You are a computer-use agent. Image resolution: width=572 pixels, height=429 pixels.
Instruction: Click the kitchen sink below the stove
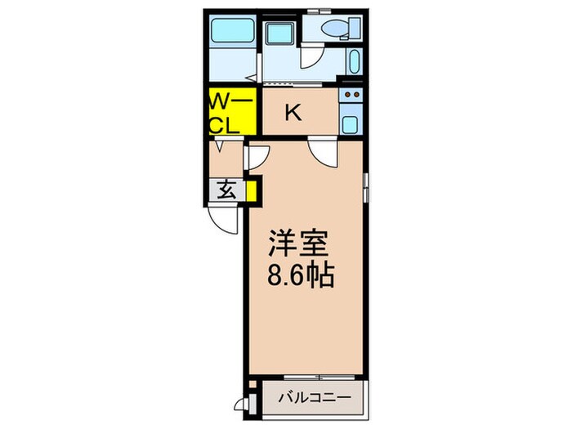point(351,124)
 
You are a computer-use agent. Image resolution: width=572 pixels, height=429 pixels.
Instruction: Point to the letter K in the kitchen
point(292,114)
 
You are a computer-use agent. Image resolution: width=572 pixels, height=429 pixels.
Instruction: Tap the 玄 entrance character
point(226,190)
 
